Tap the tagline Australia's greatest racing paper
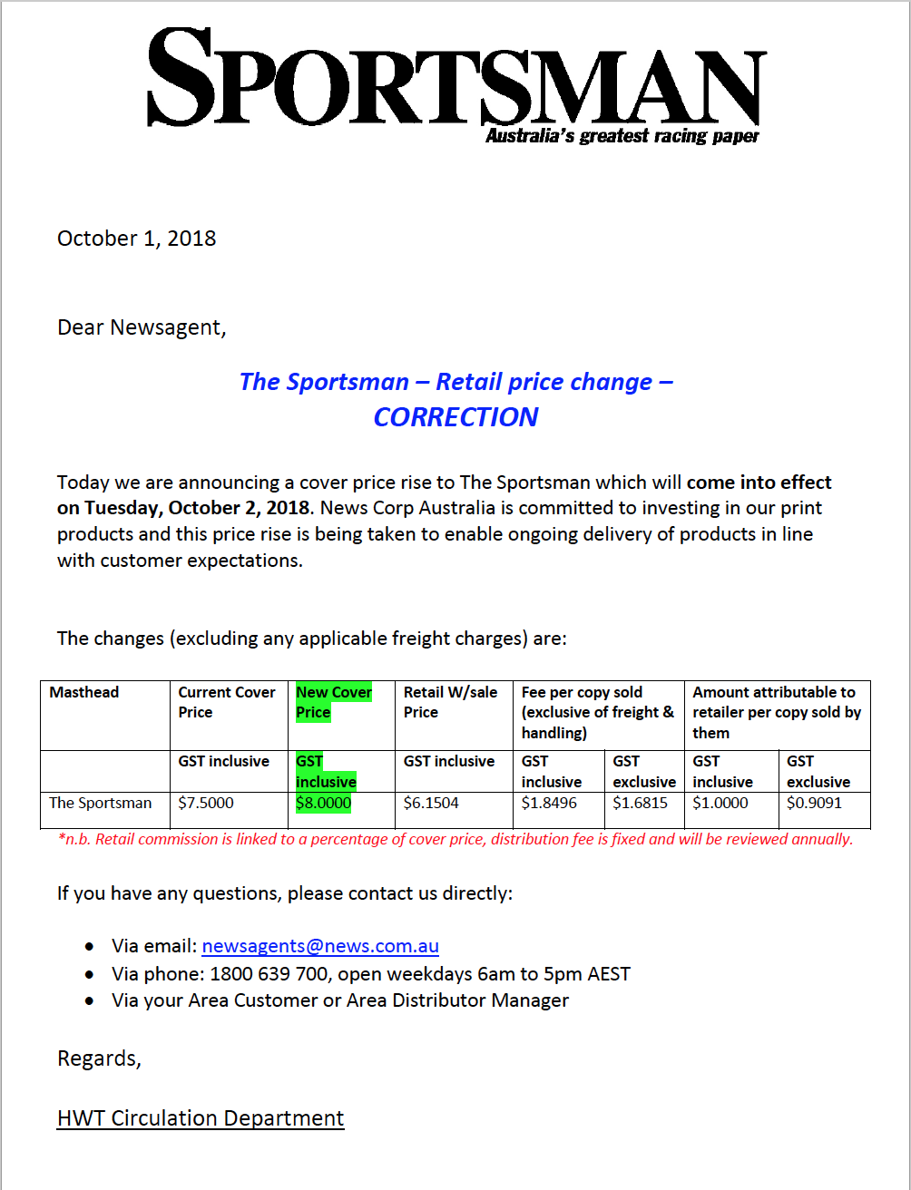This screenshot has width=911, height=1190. (x=622, y=136)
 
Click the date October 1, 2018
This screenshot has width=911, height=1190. (x=136, y=239)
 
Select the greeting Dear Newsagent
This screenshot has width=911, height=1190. (x=141, y=327)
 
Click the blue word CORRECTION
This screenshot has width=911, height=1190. (x=455, y=417)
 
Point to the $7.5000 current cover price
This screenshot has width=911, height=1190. (x=205, y=803)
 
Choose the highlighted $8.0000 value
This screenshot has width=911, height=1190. (x=324, y=803)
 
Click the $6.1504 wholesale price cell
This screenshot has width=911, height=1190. (x=431, y=803)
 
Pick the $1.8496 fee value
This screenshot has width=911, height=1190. (x=549, y=803)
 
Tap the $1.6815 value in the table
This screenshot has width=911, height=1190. (x=641, y=803)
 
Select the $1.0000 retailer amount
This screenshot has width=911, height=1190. (x=720, y=803)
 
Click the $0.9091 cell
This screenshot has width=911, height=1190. (x=814, y=803)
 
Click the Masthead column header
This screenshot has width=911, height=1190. (x=84, y=692)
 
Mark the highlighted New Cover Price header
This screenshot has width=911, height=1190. (x=334, y=702)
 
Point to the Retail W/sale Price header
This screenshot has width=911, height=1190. (x=450, y=702)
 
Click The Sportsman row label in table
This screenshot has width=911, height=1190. (x=101, y=803)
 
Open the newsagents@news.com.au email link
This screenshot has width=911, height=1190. (x=320, y=946)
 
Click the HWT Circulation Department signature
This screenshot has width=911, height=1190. (x=201, y=1118)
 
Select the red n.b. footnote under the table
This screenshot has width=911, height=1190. (x=455, y=839)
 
